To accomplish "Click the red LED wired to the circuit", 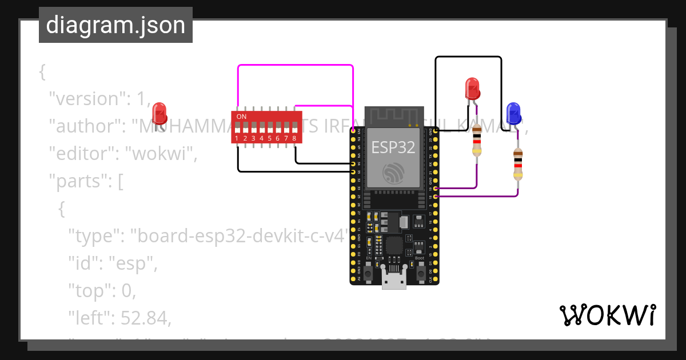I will tap(473, 89).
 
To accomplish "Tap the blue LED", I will tap(513, 113).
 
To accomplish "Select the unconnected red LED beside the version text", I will tap(159, 113).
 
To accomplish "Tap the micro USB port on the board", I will tap(394, 281).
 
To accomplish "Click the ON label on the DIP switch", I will tap(242, 117).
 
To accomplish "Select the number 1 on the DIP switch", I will tap(237, 138).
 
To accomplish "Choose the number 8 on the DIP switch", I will tap(294, 138).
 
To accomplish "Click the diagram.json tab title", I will tap(115, 26).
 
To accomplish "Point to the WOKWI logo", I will tap(607, 315).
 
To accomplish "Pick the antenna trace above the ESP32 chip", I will tap(394, 115).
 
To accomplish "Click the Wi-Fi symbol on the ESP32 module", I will tap(394, 171).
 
